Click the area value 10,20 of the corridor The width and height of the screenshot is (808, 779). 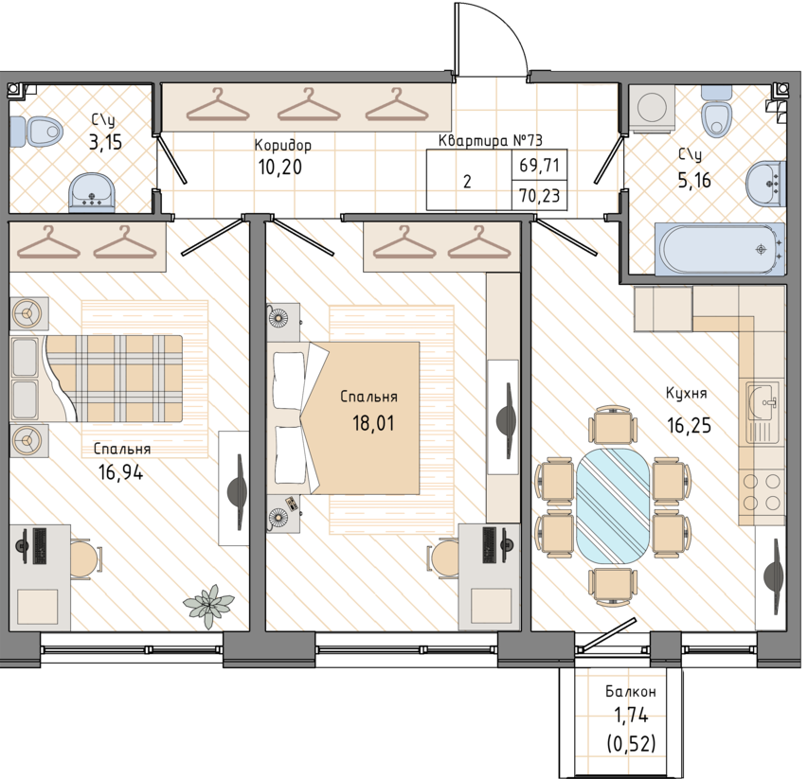coord(279,168)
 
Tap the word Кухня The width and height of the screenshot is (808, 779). coord(687,394)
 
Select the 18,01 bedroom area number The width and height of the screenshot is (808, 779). coord(373,423)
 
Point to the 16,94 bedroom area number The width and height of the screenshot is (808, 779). coord(120,471)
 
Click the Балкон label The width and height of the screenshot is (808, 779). coord(630,691)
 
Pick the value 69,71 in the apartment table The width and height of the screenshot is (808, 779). coord(540,166)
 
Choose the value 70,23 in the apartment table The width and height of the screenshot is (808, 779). coord(540,196)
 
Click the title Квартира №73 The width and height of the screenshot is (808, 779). coord(490,140)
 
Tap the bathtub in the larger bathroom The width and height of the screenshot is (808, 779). coord(719,249)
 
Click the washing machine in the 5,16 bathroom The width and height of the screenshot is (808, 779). coord(652,106)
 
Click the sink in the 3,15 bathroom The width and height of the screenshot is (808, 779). coord(92,192)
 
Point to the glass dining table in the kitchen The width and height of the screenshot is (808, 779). coord(613,505)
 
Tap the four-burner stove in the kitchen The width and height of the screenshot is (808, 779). coord(761,493)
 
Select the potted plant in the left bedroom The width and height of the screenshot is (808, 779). coord(209,606)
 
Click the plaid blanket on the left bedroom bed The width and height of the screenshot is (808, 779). coord(115,379)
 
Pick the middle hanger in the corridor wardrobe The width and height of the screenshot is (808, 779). coord(309,105)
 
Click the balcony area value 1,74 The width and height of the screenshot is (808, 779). coord(631,716)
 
